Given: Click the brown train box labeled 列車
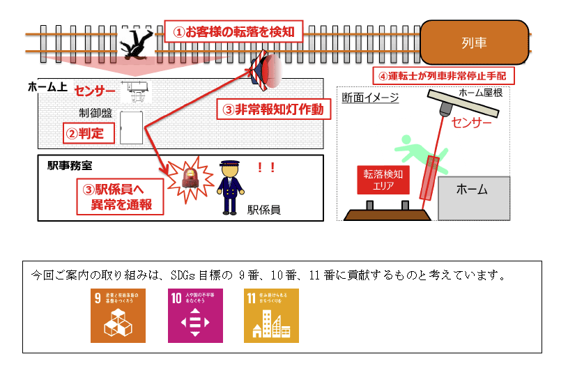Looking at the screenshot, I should (474, 43).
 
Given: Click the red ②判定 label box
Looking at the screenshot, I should (89, 132).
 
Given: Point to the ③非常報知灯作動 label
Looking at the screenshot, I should (273, 109).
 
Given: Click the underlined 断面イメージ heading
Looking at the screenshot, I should (370, 98).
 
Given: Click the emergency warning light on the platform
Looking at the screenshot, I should (266, 71).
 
